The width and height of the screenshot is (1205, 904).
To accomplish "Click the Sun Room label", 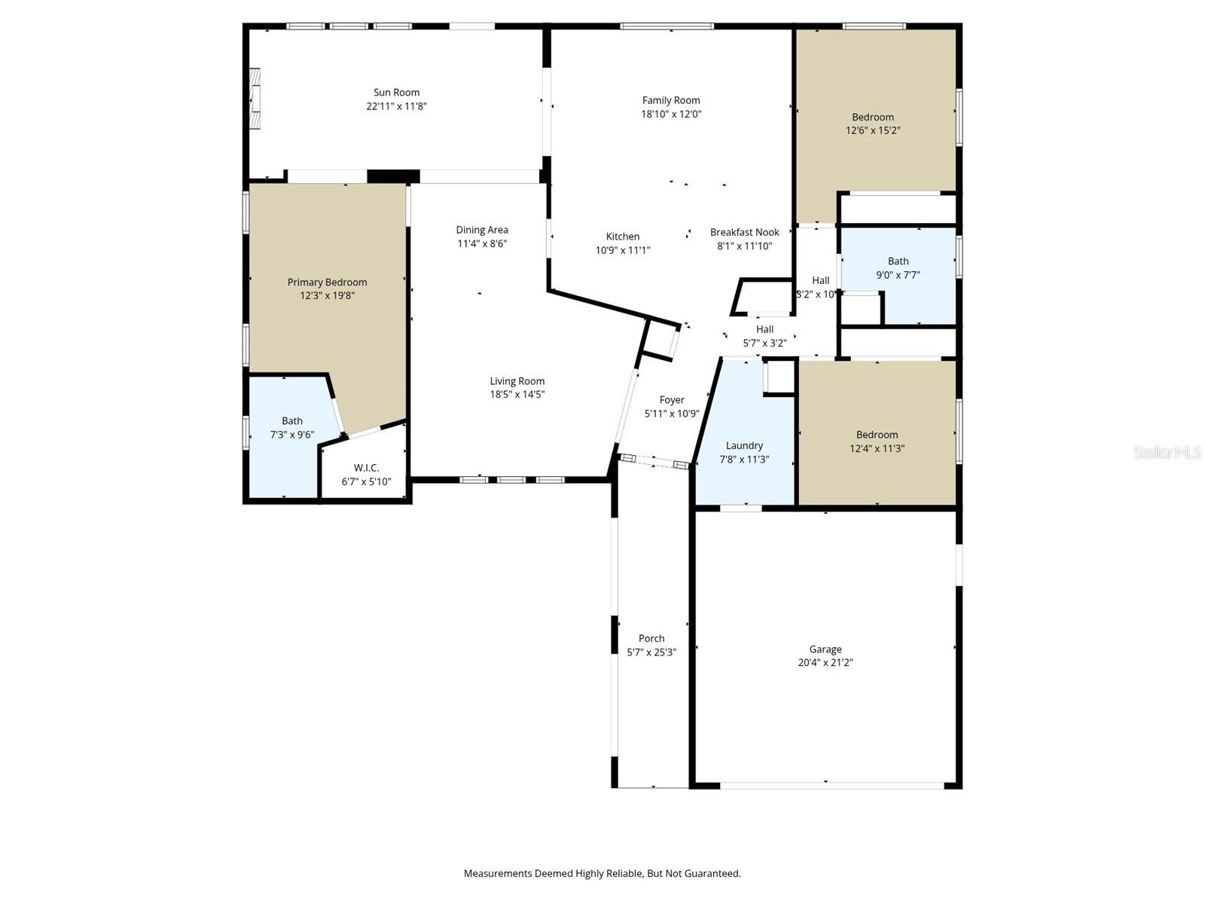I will point(396,93).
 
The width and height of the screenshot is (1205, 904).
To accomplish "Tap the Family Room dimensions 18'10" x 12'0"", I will point(671,114).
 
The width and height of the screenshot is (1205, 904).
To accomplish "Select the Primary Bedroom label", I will point(327,282).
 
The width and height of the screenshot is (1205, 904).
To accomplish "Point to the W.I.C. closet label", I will point(366,468).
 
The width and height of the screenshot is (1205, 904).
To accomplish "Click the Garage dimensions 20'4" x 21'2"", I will point(825,663).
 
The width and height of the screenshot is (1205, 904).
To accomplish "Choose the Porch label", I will point(651,638).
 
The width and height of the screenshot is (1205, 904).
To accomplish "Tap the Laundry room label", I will point(744,445).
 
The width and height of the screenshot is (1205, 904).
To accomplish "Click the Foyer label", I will point(672,400).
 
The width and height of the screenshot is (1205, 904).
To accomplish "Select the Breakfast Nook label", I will point(744,232).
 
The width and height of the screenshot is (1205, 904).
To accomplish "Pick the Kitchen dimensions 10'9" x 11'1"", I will point(622,250).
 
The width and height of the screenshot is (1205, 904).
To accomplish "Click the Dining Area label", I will point(482,230).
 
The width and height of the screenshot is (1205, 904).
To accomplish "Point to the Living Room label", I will point(517,381).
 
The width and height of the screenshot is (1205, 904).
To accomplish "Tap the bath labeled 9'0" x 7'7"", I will point(898,268).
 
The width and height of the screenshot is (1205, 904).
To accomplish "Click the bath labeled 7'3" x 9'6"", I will point(292,428).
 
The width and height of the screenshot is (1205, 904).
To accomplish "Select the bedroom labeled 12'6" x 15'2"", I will point(873,124).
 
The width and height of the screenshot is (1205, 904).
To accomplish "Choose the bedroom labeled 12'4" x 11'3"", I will point(877,441).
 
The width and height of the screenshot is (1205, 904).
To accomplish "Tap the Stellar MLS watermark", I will point(1167,452).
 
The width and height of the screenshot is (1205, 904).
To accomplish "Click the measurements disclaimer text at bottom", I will point(602,874).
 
